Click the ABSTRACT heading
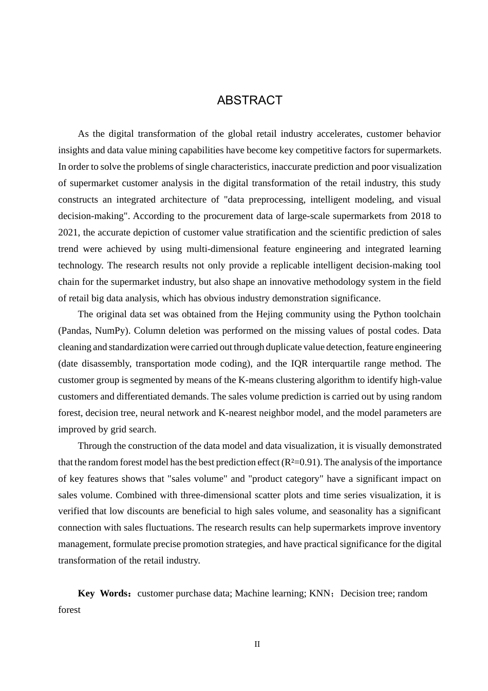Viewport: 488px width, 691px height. (250, 100)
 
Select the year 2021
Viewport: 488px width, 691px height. (68, 232)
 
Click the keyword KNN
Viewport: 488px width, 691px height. (320, 593)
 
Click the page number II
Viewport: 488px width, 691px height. (257, 644)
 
